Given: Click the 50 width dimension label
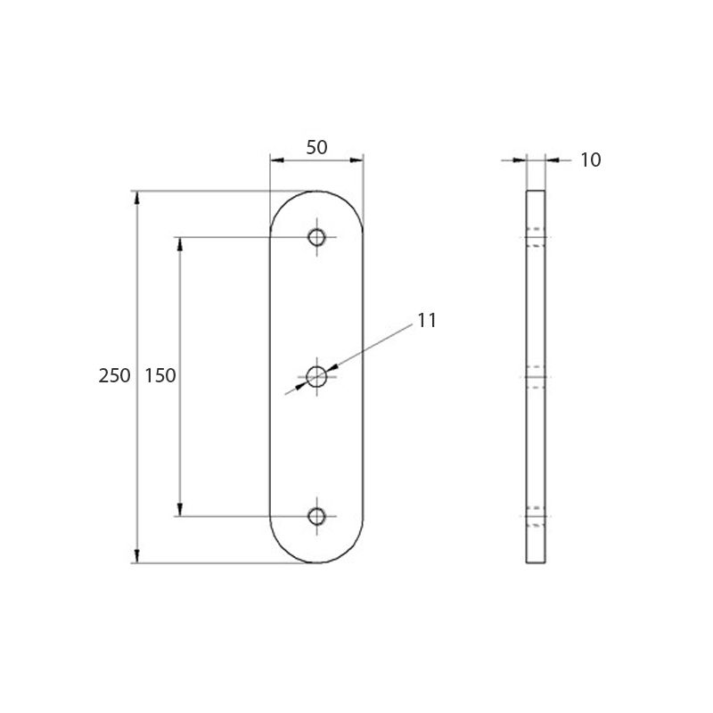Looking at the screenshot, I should coord(316,148).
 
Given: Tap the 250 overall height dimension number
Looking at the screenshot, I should coord(114,376).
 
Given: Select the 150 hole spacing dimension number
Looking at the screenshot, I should coord(160,376).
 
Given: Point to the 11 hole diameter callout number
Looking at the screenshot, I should coord(427,321).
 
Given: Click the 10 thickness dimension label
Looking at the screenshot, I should coord(590,160).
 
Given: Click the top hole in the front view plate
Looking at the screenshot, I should coord(316,237).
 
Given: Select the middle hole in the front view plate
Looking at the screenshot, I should coord(316,377).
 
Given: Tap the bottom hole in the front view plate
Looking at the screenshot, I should coord(316,516).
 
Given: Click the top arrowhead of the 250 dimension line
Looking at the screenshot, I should coord(136,197).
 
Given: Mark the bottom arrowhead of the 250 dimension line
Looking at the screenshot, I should coord(136,557).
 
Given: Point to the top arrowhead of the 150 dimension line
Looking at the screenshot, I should coord(180,243).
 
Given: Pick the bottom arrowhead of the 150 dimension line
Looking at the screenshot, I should coord(180,510).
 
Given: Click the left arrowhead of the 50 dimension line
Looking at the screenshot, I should coord(276,160).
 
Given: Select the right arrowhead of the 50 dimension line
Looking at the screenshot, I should coord(357,160).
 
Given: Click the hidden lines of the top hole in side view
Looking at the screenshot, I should coord(536,237).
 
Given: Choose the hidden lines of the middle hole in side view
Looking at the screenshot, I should coord(536,377).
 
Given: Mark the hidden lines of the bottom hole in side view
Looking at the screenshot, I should coord(536,516).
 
